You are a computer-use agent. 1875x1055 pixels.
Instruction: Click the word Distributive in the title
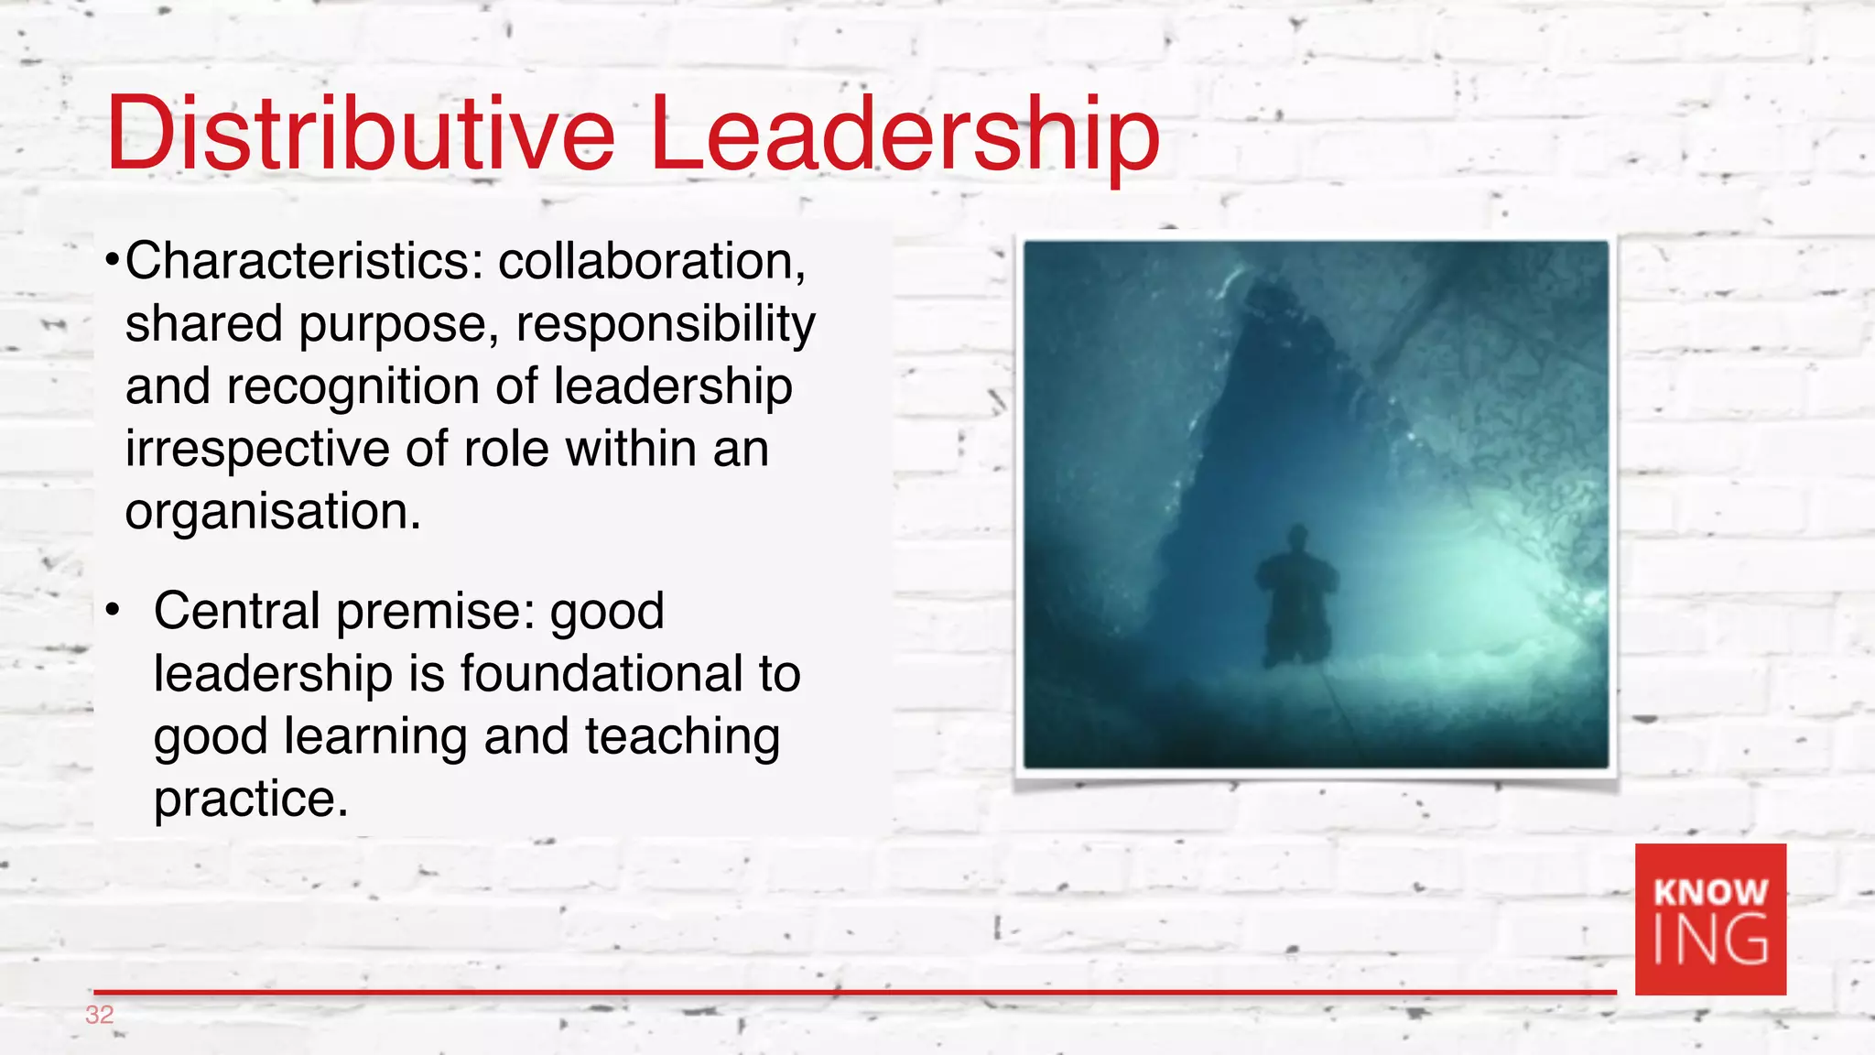click(361, 135)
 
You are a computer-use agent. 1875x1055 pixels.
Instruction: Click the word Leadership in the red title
click(905, 135)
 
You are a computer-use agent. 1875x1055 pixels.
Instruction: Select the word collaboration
click(651, 262)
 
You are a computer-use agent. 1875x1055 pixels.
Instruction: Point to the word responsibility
click(665, 325)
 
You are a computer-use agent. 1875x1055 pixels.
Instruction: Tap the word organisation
click(273, 511)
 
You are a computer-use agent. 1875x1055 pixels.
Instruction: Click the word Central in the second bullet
click(236, 611)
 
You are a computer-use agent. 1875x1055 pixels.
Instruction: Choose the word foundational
click(602, 674)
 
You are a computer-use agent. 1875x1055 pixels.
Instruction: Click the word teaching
click(682, 737)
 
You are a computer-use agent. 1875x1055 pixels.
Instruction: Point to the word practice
click(251, 799)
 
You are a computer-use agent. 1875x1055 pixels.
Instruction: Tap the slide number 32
click(99, 1015)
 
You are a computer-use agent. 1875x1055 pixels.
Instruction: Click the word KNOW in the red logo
click(1710, 891)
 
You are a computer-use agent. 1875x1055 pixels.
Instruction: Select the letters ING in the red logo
click(1710, 941)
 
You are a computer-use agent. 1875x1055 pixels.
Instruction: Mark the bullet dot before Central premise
click(112, 611)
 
